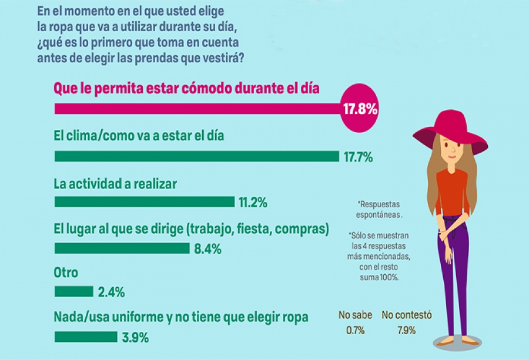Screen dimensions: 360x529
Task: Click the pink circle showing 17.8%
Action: tap(360, 109)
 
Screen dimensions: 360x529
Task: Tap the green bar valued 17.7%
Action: tap(196, 156)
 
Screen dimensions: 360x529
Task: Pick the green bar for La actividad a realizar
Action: tap(144, 202)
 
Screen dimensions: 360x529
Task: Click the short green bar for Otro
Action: tap(73, 291)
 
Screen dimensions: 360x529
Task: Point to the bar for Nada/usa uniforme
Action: tap(86, 337)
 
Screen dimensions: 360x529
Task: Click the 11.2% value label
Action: tap(253, 203)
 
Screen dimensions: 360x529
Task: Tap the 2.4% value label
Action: tap(111, 292)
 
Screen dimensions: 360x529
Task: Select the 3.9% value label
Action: tap(135, 338)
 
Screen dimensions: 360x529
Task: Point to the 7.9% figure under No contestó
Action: tap(406, 330)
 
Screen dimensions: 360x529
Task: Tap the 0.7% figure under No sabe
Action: tap(355, 330)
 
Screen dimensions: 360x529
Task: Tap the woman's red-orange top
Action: tap(452, 190)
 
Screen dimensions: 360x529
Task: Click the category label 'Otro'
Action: tap(66, 273)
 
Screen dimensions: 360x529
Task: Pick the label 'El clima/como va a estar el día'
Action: tap(139, 135)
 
